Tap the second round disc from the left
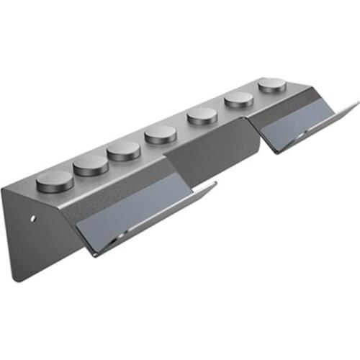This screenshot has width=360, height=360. pos(90,164)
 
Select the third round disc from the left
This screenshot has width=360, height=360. pos(124,149)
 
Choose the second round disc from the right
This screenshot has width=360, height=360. pos(238,100)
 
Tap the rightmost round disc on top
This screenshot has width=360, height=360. pos(271,84)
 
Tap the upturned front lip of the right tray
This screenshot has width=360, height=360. pos(317,127)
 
